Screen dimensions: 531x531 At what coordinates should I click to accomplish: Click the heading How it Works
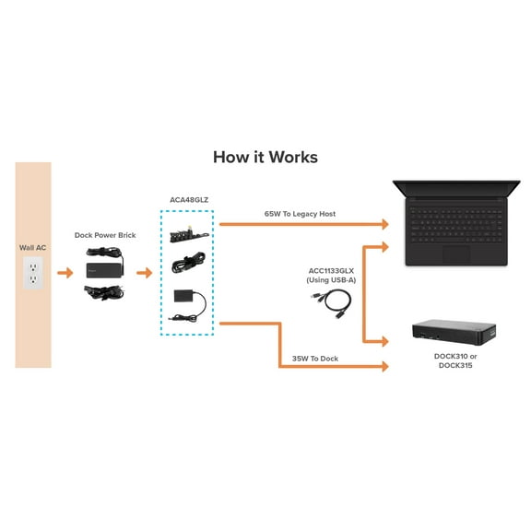[265, 157]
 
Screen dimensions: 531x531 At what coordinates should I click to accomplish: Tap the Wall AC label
[33, 248]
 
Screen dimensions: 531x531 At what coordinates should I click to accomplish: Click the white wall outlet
[33, 272]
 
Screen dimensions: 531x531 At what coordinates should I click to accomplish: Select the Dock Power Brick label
[105, 235]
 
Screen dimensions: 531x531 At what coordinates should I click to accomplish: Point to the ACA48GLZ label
[187, 200]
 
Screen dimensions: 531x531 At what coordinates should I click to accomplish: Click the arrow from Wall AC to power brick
[64, 273]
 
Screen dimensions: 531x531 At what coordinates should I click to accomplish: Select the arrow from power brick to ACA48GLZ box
[143, 273]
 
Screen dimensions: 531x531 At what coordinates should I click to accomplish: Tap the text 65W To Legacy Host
[300, 214]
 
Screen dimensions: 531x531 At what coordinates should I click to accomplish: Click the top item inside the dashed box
[187, 233]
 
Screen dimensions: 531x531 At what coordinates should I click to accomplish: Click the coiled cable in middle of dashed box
[187, 265]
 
